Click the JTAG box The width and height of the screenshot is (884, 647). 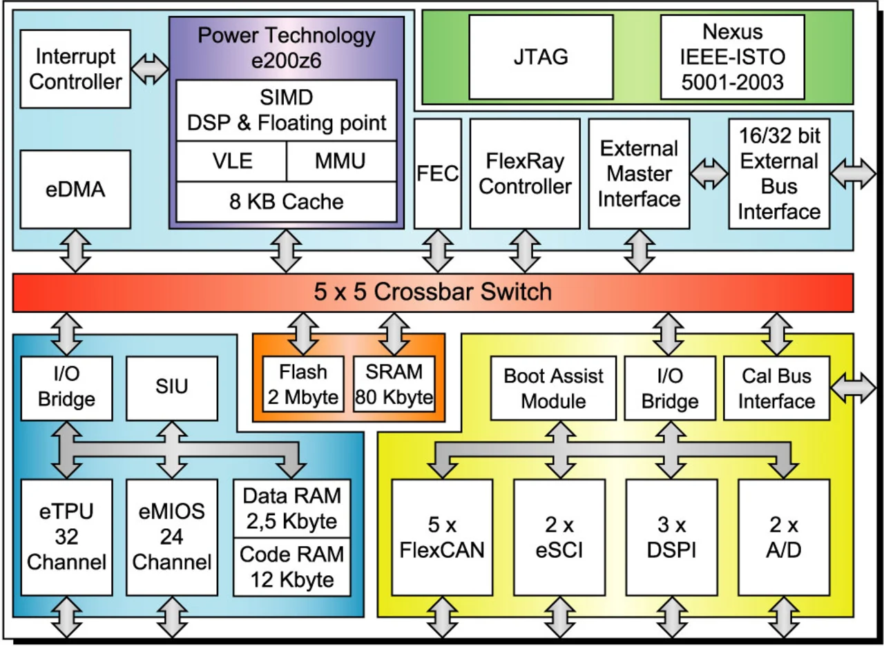tap(541, 57)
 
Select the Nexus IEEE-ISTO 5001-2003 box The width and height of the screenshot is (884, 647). tap(733, 57)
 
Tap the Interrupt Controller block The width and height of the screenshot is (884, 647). tap(76, 68)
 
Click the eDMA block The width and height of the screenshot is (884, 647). tap(76, 189)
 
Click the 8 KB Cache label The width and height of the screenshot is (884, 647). tap(286, 201)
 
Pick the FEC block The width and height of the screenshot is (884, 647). tap(438, 173)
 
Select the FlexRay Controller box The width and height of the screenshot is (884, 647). tap(525, 173)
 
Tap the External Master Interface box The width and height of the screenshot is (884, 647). tap(639, 173)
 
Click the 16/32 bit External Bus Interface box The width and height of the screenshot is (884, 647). tap(779, 173)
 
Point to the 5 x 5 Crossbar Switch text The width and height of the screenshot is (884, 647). tap(433, 291)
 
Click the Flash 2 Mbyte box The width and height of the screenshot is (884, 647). tap(303, 384)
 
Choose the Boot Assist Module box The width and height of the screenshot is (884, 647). tap(553, 387)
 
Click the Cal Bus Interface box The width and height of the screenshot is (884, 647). tap(777, 387)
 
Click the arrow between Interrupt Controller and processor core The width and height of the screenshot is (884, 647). tap(150, 68)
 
